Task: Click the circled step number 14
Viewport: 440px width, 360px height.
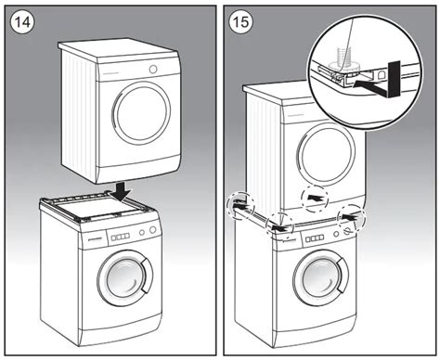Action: [x=23, y=22]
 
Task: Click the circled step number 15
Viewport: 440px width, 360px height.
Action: [x=240, y=22]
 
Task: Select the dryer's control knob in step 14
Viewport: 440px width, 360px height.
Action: [x=153, y=70]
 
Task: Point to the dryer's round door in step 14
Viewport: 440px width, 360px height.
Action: [x=142, y=115]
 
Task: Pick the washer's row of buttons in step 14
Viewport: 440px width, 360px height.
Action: [x=121, y=238]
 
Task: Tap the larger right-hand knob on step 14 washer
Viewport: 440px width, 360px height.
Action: [x=152, y=230]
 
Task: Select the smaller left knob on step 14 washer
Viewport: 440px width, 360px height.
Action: [x=142, y=232]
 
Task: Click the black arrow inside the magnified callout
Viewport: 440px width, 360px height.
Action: [x=370, y=85]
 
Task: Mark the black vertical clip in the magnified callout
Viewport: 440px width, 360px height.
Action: [x=394, y=79]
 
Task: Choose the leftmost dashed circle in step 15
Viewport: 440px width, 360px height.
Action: [x=240, y=206]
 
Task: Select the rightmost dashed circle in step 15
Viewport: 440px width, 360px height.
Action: [x=352, y=220]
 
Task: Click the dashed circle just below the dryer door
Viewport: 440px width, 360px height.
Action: [x=315, y=199]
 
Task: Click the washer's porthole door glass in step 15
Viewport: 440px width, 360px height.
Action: [x=319, y=277]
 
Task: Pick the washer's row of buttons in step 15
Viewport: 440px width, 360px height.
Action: [x=315, y=238]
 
